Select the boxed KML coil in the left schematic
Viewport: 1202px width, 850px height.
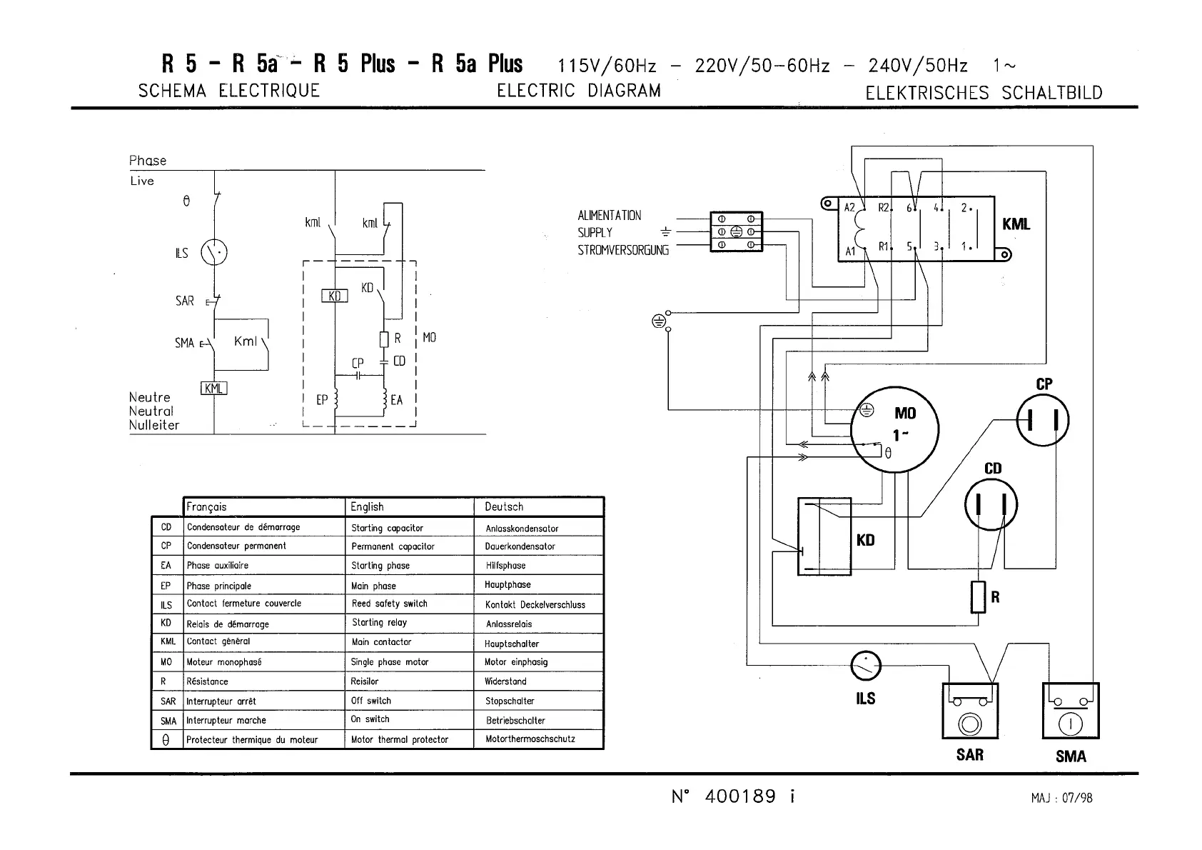pyautogui.click(x=213, y=389)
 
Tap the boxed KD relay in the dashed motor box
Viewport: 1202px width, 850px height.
pyautogui.click(x=335, y=296)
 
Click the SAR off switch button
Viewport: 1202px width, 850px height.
pyautogui.click(x=970, y=711)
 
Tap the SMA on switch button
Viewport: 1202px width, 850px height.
pyautogui.click(x=1071, y=711)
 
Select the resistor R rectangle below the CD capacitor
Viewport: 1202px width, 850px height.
pyautogui.click(x=979, y=597)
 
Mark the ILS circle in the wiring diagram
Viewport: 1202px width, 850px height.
pyautogui.click(x=866, y=666)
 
